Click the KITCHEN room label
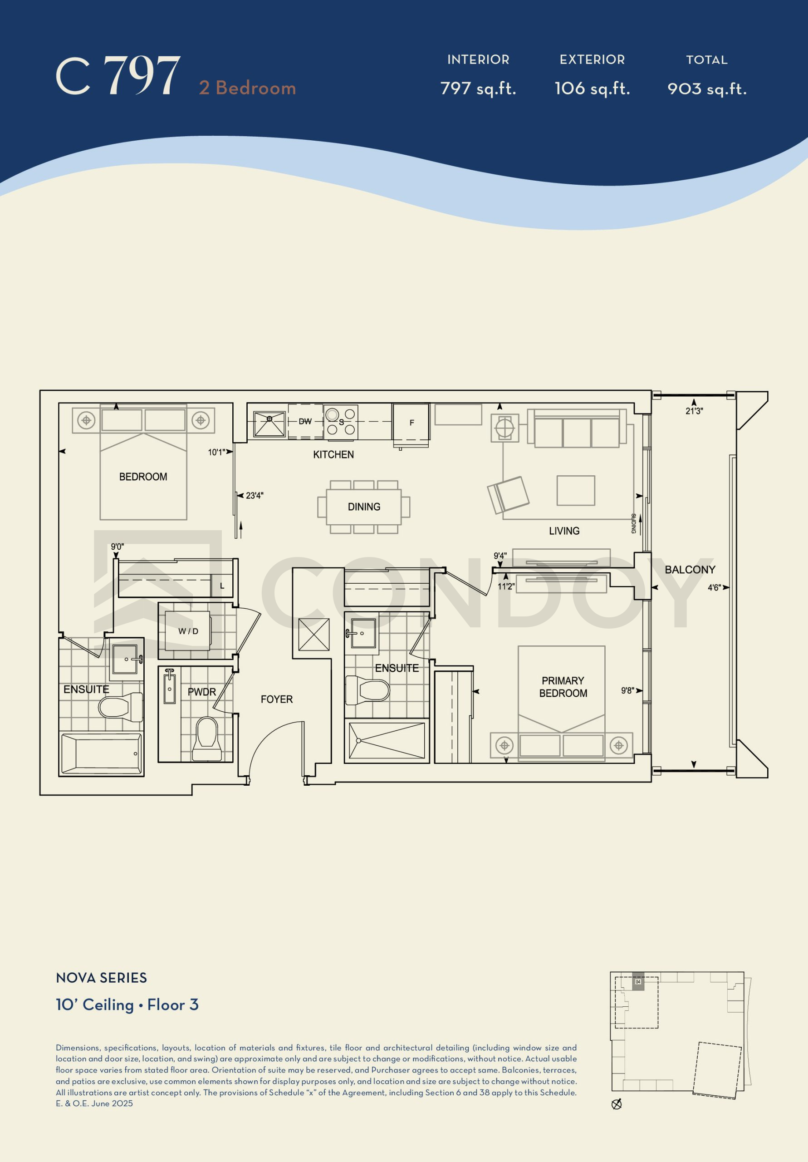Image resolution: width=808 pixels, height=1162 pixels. point(333,454)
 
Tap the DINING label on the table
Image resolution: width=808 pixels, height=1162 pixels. point(364,507)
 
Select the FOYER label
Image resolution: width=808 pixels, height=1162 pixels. point(277,699)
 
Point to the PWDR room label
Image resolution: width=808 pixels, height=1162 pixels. point(202,692)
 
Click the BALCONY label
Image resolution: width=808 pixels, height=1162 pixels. point(690,569)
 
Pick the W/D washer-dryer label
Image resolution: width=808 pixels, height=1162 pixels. point(188,631)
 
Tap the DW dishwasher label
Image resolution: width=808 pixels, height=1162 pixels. point(305,421)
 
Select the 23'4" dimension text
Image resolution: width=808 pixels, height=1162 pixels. point(255,496)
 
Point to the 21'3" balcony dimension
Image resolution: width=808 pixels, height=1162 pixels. point(694,411)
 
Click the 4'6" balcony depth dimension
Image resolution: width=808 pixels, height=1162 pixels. point(714,587)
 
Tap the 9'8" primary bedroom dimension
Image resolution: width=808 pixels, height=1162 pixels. point(628,690)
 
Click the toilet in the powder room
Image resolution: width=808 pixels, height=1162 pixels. point(207,739)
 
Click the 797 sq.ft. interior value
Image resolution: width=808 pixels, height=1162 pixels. point(478,89)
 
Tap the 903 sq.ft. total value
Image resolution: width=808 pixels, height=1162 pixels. point(707,89)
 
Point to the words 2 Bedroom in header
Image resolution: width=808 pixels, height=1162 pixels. point(247,88)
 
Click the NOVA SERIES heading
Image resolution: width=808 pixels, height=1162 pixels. point(101,978)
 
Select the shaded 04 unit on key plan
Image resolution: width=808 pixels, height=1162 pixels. point(638,982)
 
